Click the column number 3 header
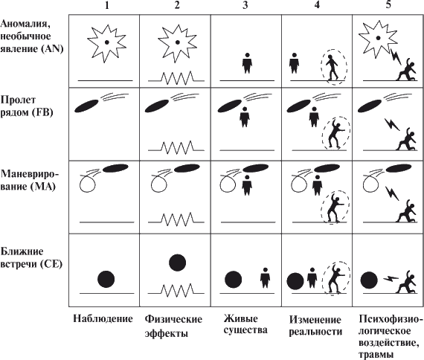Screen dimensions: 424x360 (245, 5)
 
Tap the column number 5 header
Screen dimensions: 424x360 (388, 4)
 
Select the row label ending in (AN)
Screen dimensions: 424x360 (32, 36)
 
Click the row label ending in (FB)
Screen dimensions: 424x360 (26, 106)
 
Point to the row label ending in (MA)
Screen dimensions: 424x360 (29, 180)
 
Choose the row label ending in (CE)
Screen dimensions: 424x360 (31, 257)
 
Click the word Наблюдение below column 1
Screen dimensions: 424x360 (103, 318)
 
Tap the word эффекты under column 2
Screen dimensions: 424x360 (167, 333)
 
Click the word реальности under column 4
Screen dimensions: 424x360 (315, 331)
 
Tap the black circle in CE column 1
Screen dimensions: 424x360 (106, 279)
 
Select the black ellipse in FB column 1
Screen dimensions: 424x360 (86, 106)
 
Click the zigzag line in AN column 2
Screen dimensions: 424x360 (176, 78)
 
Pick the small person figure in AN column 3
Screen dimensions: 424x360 (247, 63)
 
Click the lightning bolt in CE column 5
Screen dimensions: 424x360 (391, 279)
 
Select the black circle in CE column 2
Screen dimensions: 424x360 (177, 263)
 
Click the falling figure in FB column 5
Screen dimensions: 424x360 (406, 139)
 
